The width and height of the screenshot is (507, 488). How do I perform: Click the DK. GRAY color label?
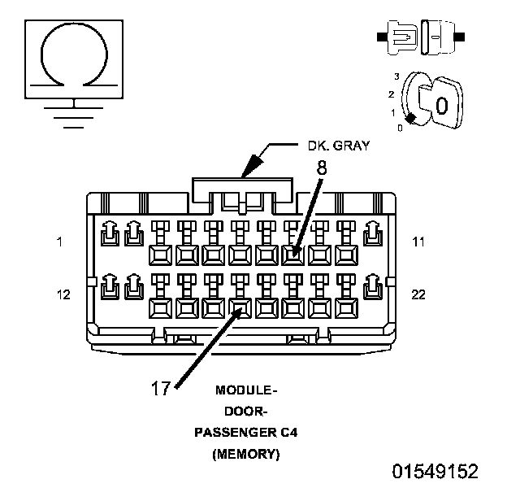(338, 146)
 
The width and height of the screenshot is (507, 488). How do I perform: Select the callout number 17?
(161, 387)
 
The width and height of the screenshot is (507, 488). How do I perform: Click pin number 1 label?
(59, 242)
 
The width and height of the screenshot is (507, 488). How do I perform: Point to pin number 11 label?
(418, 242)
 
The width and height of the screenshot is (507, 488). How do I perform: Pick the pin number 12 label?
(63, 294)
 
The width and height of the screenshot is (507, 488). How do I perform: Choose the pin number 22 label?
(418, 294)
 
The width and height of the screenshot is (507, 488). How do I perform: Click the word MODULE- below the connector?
(245, 390)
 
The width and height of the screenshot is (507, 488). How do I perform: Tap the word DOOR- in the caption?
(245, 412)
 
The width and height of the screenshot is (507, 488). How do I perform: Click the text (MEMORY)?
(245, 455)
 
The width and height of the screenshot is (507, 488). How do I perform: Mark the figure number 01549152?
(435, 472)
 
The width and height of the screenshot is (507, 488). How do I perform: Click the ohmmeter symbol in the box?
(74, 54)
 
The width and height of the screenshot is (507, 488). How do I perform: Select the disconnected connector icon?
(420, 37)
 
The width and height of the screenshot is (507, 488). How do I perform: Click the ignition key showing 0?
(440, 105)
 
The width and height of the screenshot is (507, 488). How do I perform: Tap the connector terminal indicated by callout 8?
(294, 255)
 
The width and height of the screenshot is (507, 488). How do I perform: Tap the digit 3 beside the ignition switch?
(396, 76)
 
